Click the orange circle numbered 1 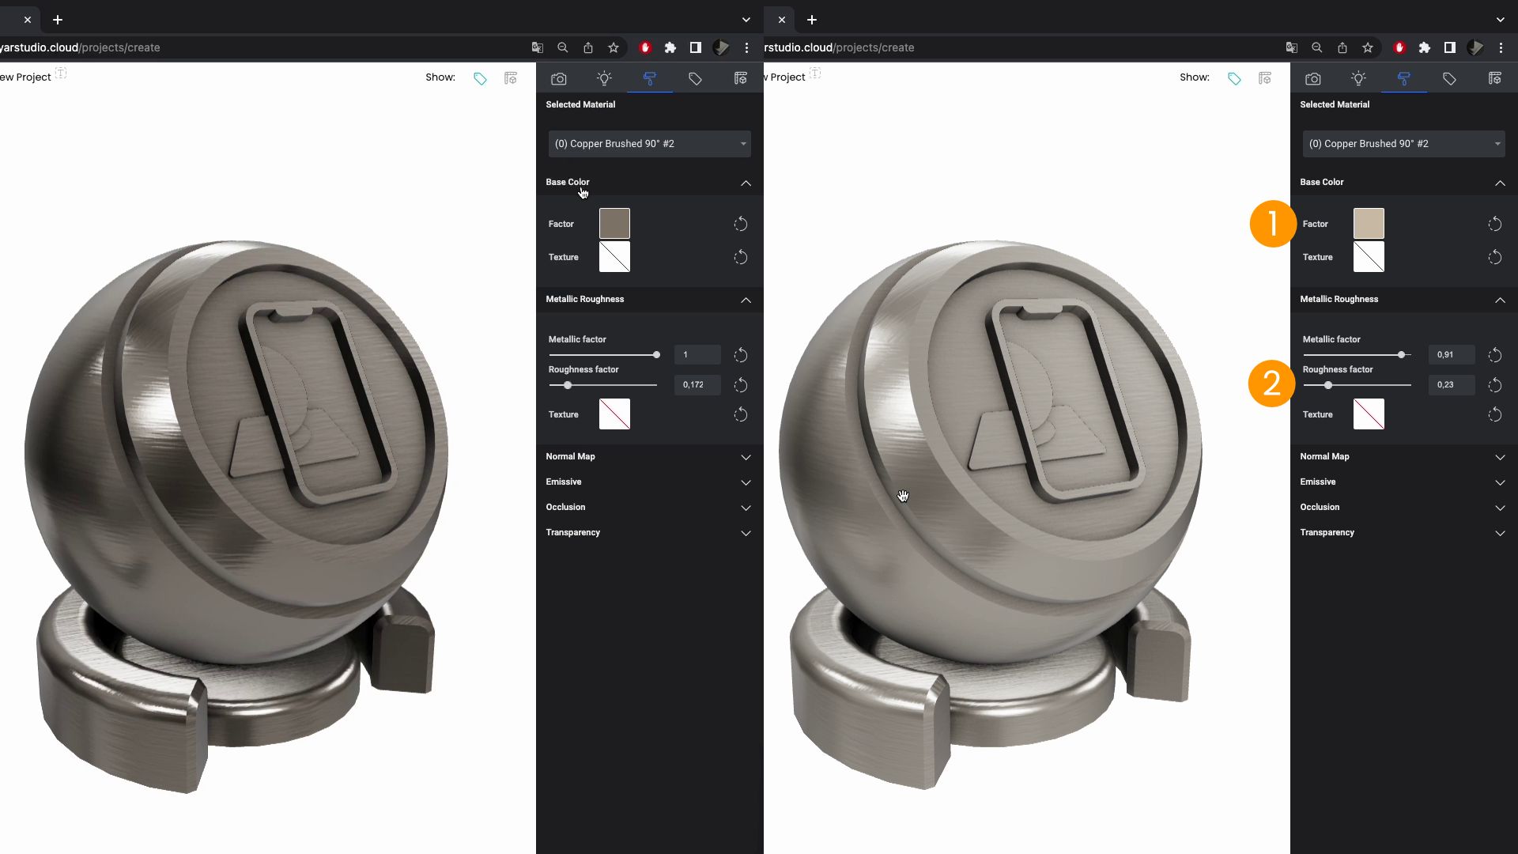tap(1273, 224)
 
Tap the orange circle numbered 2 tap(1271, 384)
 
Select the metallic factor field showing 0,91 tap(1451, 355)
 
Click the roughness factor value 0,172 tap(697, 385)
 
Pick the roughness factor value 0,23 tap(1451, 385)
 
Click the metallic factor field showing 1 tap(697, 355)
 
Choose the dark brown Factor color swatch tap(614, 224)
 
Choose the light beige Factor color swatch tap(1369, 224)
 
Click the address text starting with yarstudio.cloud tap(80, 47)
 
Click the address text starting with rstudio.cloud tap(839, 47)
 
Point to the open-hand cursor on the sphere tap(903, 496)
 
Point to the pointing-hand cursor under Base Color tap(583, 192)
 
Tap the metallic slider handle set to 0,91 tap(1402, 355)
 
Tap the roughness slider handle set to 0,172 tap(568, 385)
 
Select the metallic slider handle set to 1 tap(656, 355)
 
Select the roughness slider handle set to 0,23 tap(1328, 385)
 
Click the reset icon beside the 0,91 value tap(1494, 355)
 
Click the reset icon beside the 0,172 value tap(740, 385)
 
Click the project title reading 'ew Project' tap(25, 77)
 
